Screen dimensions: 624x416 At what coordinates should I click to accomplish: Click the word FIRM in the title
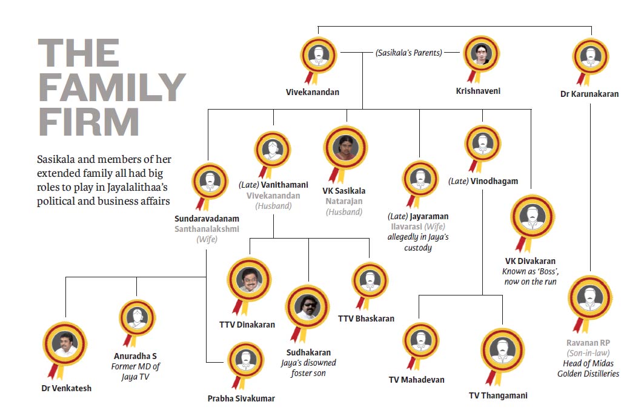click(x=88, y=122)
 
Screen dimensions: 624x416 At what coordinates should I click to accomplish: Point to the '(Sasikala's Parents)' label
click(x=409, y=53)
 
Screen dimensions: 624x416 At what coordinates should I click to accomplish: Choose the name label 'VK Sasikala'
click(x=344, y=191)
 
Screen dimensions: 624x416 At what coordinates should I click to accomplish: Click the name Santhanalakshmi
click(x=207, y=229)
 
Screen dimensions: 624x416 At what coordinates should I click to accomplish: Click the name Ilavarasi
click(x=407, y=226)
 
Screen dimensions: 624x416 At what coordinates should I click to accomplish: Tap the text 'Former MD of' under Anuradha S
click(x=135, y=366)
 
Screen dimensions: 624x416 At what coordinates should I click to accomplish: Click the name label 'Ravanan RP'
click(x=588, y=343)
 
